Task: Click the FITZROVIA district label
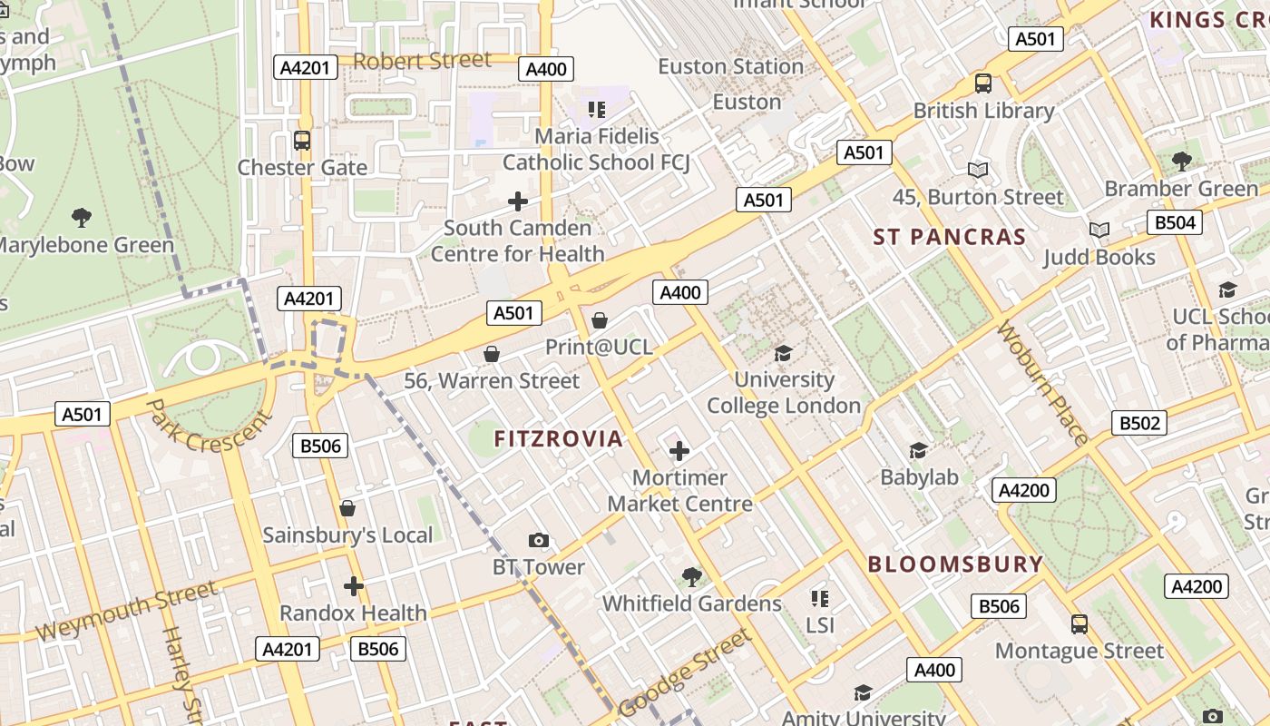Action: pyautogui.click(x=559, y=439)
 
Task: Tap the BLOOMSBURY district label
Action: pyautogui.click(x=955, y=564)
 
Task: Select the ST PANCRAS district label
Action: pyautogui.click(x=949, y=238)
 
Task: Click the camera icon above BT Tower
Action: pyautogui.click(x=539, y=541)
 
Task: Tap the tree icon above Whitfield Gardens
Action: pyautogui.click(x=692, y=576)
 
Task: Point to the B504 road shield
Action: pyautogui.click(x=1174, y=222)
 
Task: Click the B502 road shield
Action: pyautogui.click(x=1139, y=423)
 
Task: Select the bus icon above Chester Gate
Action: pyautogui.click(x=302, y=141)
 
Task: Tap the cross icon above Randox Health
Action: pyautogui.click(x=354, y=586)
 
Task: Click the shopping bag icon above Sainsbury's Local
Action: pyautogui.click(x=347, y=508)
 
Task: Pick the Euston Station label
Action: pyautogui.click(x=730, y=67)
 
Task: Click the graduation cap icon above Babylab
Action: pyautogui.click(x=919, y=451)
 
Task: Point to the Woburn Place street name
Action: pyautogui.click(x=1042, y=383)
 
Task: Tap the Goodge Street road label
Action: pyautogui.click(x=684, y=672)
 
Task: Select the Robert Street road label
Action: pyautogui.click(x=422, y=61)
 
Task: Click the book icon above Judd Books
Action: pyautogui.click(x=1099, y=231)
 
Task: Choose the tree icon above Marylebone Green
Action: pyautogui.click(x=82, y=218)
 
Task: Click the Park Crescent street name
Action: pyautogui.click(x=209, y=426)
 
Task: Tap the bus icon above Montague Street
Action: pyautogui.click(x=1079, y=624)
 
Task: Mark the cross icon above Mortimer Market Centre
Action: pyautogui.click(x=679, y=451)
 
